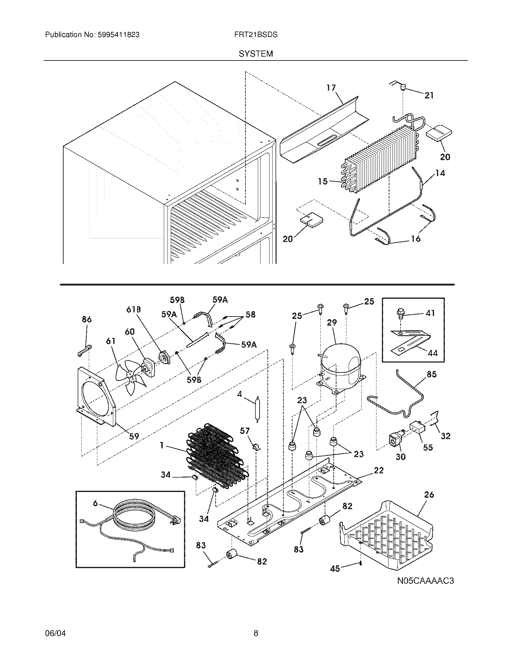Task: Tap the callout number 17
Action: coord(331,88)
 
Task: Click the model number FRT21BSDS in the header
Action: coord(256,35)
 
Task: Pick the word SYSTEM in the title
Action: coord(256,54)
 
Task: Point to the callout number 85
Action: coord(432,374)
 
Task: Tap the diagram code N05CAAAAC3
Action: coord(426,581)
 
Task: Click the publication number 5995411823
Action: coord(118,35)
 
